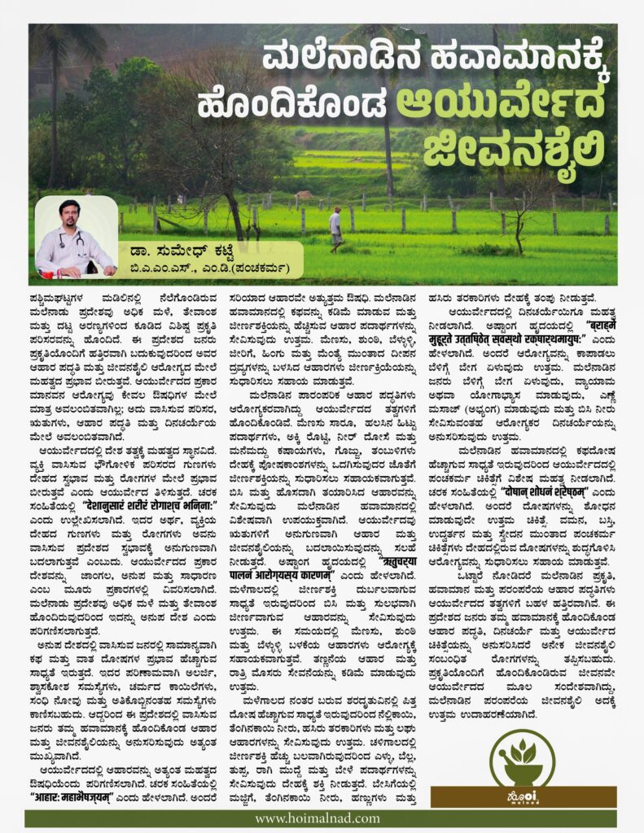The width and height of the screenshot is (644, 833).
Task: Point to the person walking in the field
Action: click(x=335, y=228)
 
